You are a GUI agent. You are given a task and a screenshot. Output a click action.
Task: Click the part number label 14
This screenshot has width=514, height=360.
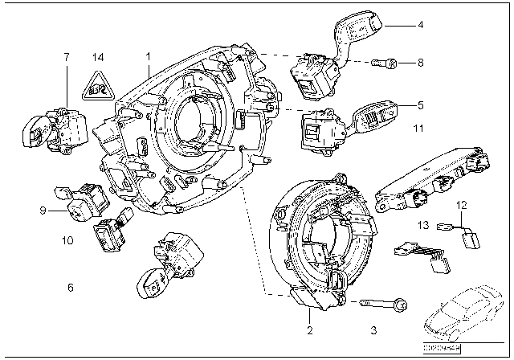[98, 58]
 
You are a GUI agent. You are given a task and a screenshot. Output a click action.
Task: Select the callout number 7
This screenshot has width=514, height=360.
[67, 58]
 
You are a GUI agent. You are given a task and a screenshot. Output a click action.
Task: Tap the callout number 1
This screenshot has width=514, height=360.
[148, 58]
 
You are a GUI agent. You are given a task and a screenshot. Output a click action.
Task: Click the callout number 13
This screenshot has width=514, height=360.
[422, 227]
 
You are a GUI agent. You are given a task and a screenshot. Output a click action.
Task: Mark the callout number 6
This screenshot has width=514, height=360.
[70, 288]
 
